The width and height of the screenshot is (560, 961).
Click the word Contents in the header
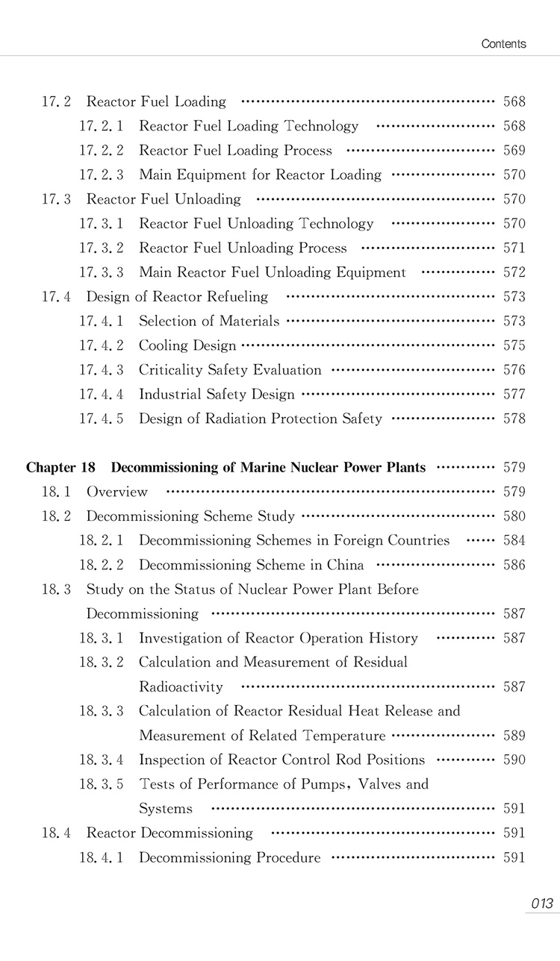click(x=503, y=43)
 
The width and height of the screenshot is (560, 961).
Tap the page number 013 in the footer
click(x=542, y=904)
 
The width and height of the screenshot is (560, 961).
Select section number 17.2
click(x=56, y=101)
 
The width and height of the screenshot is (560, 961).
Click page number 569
click(x=514, y=150)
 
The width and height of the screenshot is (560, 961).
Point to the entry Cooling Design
click(x=187, y=345)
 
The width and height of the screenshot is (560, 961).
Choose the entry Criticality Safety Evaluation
click(x=230, y=370)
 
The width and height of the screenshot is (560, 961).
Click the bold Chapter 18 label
click(x=60, y=468)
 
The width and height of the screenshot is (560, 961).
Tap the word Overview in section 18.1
click(x=117, y=492)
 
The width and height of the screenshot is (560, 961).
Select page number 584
click(x=514, y=540)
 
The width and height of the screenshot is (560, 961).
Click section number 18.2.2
click(x=102, y=565)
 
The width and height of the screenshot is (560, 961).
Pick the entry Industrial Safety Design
click(x=217, y=394)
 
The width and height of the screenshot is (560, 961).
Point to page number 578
click(x=514, y=419)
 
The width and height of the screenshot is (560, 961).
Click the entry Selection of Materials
click(x=209, y=321)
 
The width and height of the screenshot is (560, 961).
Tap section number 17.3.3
click(x=102, y=272)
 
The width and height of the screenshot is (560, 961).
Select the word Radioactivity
click(x=181, y=686)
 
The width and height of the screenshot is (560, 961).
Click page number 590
click(x=514, y=760)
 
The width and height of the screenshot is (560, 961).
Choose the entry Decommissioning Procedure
click(x=230, y=857)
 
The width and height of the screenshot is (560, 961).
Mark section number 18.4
click(x=56, y=833)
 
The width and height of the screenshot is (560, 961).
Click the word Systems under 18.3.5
click(x=166, y=808)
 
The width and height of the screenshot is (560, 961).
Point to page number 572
click(x=514, y=272)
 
